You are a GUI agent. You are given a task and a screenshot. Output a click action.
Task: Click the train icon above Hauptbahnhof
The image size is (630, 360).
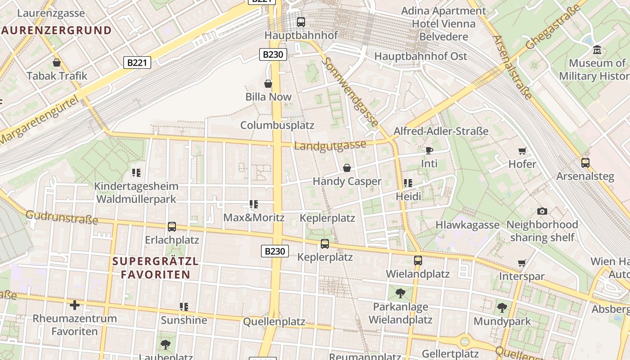pos(301,22)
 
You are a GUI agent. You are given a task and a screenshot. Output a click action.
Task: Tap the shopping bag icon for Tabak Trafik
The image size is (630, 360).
pos(57,63)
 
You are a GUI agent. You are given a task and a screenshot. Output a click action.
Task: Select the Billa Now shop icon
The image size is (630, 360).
pos(268,84)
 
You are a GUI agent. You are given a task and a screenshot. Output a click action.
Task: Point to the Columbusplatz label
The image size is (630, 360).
pos(277,125)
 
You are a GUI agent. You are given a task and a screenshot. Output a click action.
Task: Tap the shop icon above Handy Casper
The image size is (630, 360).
pos(347,168)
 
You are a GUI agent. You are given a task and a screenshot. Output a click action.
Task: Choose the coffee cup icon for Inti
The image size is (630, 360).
pos(429,150)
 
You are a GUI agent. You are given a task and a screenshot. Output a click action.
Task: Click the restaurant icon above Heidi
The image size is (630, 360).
pos(408,183)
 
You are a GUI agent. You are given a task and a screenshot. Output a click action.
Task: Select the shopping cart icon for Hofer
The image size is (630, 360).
pos(522,151)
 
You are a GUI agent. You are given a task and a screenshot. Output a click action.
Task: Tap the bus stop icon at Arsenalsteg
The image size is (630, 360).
pos(585,162)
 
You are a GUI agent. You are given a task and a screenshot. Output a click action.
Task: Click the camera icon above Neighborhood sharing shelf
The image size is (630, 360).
pos(542,211)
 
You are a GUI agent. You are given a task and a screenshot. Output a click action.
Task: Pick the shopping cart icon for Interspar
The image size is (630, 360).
pos(522,263)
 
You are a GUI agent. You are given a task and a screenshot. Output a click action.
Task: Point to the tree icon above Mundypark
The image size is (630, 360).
pos(502,308)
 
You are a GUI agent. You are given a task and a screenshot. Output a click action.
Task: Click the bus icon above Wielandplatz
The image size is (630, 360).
pos(418,260)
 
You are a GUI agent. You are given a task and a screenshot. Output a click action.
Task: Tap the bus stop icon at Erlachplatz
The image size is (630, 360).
pos(171,226)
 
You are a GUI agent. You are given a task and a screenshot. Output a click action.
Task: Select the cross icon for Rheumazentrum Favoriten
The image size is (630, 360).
pos(75,305)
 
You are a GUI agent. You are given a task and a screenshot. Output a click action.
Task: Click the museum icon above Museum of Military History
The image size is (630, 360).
pos(597,49)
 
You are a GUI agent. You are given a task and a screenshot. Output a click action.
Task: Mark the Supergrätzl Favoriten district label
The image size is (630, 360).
pos(155,268)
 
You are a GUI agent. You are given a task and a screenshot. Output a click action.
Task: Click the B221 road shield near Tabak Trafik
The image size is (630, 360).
pos(137,63)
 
